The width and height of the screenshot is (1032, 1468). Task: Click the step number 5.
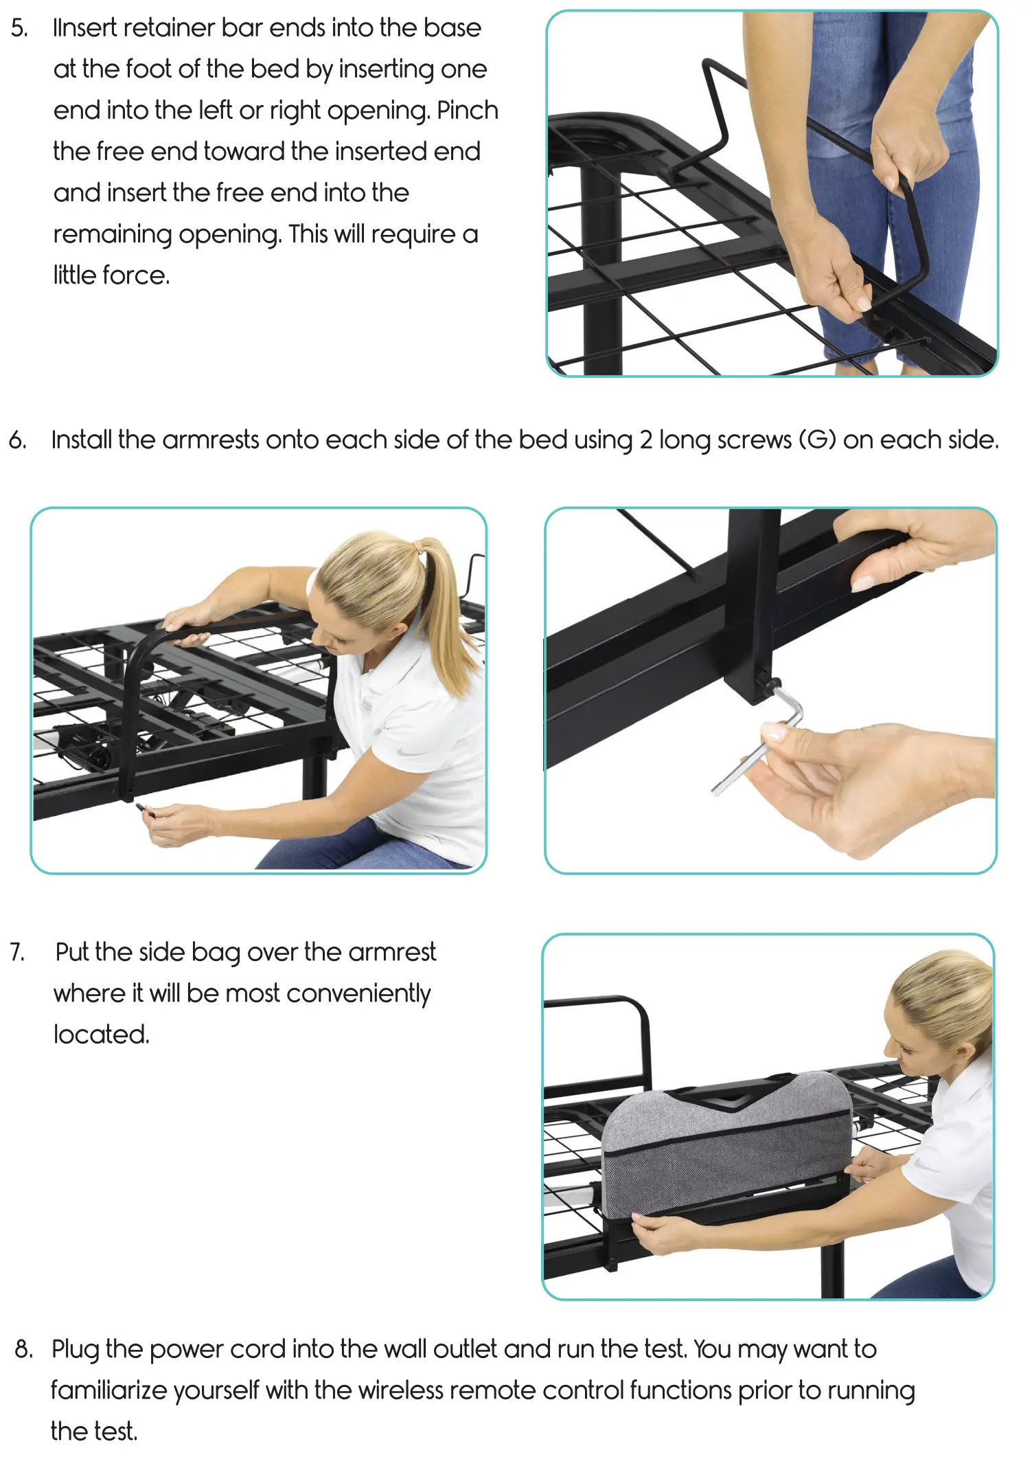pyautogui.click(x=19, y=29)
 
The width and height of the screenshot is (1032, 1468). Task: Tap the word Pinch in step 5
pyautogui.click(x=467, y=111)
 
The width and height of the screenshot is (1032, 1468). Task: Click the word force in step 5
pyautogui.click(x=135, y=275)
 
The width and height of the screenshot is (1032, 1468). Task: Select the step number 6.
pyautogui.click(x=18, y=440)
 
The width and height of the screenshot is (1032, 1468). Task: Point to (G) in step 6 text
pyautogui.click(x=817, y=440)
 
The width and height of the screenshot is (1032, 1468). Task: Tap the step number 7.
pyautogui.click(x=18, y=952)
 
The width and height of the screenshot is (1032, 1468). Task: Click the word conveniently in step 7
pyautogui.click(x=358, y=994)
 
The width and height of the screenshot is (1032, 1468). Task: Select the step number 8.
pyautogui.click(x=23, y=1349)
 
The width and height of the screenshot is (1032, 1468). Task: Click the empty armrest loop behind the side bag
pyautogui.click(x=618, y=1030)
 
